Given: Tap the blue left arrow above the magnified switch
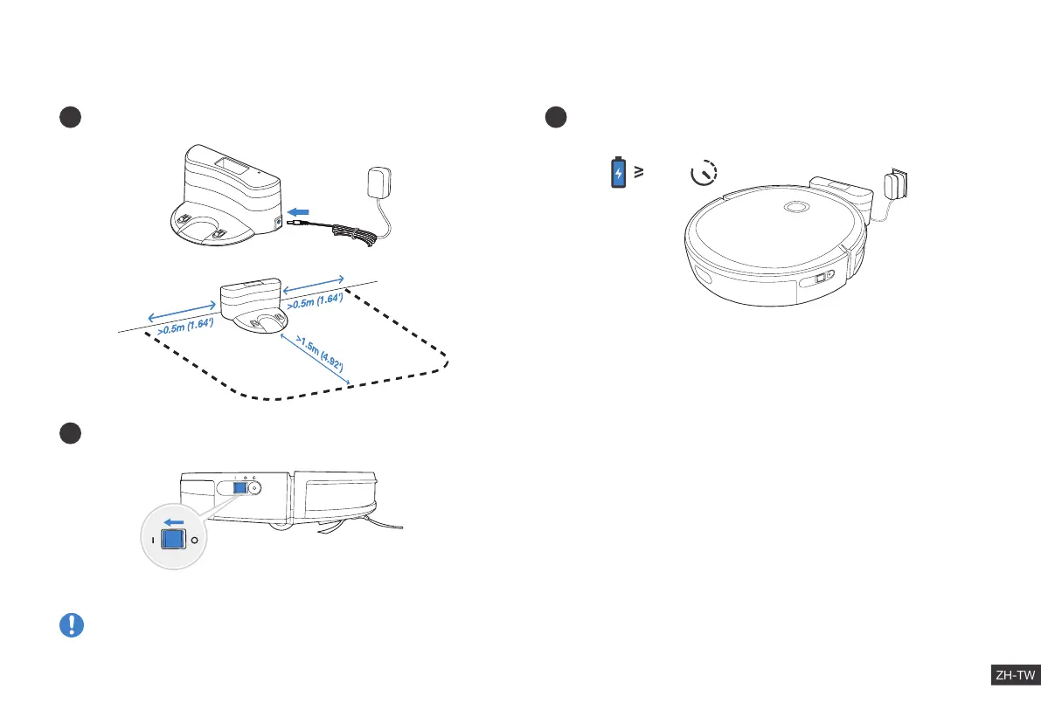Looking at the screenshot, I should [x=172, y=522].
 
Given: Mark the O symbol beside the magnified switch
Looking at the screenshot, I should [x=195, y=541].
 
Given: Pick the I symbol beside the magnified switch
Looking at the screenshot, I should [x=152, y=541].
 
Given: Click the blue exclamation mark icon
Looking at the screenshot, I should [x=71, y=624].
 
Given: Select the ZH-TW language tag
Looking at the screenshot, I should [x=1015, y=675].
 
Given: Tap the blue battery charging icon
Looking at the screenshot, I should [x=618, y=173].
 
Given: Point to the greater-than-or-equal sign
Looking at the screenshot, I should [x=639, y=172].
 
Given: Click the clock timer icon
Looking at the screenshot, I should [x=702, y=173].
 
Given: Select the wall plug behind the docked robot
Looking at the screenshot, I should [x=896, y=186].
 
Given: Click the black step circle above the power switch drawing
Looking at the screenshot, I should [x=71, y=433].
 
